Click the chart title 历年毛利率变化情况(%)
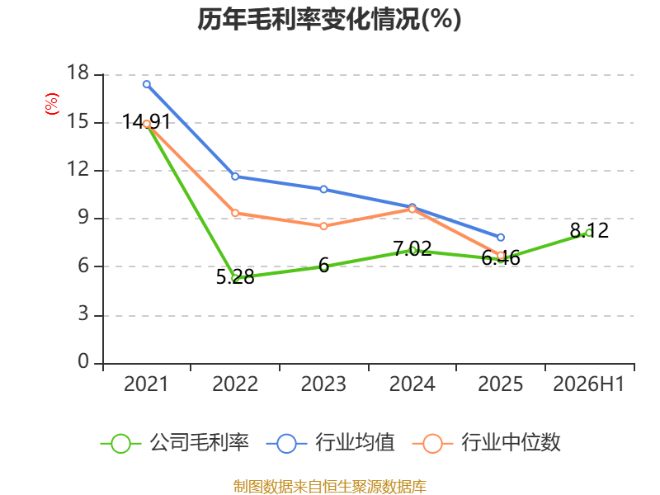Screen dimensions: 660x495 [x=329, y=19]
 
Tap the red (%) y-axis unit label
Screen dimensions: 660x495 [x=52, y=104]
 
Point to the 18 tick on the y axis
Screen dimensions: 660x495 [x=78, y=73]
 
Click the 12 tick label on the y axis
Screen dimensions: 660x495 [x=78, y=169]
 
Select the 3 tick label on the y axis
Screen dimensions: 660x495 [x=83, y=314]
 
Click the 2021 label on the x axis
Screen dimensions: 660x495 [x=146, y=384]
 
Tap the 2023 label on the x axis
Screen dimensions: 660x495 [x=323, y=384]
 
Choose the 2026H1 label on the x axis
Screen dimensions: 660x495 [x=588, y=384]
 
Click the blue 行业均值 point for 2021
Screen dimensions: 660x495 [x=147, y=84]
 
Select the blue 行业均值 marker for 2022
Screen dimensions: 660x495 [x=235, y=177]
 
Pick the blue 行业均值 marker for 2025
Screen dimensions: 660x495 [x=501, y=238]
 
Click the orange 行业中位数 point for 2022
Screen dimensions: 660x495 [x=235, y=213]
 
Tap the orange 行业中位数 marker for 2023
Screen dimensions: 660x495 [x=323, y=226]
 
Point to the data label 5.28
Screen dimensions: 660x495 [x=235, y=277]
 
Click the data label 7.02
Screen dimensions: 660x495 [x=412, y=248]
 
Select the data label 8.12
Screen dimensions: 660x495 [x=589, y=230]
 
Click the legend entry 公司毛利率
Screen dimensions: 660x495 [x=175, y=443]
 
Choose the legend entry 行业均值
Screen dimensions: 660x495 [x=331, y=443]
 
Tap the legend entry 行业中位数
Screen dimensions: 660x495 [x=487, y=443]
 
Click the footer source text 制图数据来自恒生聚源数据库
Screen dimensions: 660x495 [x=329, y=487]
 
